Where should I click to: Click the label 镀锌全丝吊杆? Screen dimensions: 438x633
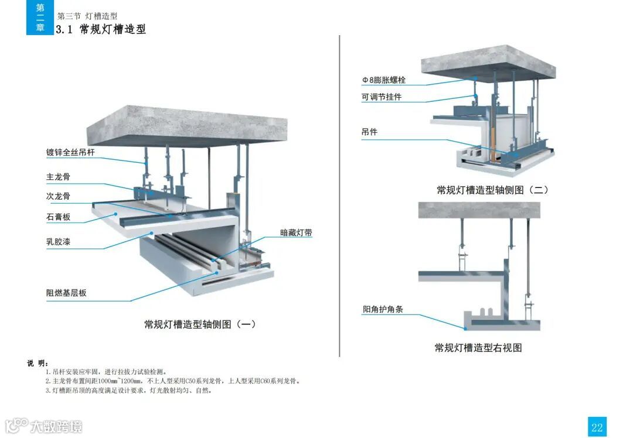(70, 153)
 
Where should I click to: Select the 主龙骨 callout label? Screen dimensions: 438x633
(58, 176)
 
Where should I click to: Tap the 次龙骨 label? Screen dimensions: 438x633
(58, 196)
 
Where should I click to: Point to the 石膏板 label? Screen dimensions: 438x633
(58, 217)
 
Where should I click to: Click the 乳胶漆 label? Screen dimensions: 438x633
(58, 241)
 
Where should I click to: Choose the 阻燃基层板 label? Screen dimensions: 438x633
(66, 293)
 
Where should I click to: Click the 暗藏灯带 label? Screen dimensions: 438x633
(296, 232)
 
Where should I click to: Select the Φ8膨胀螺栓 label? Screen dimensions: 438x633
(384, 80)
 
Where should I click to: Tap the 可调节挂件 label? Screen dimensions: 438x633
(382, 97)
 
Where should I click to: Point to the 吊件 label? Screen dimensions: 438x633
(369, 132)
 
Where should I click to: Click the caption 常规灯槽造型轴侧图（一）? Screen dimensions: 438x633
(200, 324)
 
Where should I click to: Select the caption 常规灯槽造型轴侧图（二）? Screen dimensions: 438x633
(492, 190)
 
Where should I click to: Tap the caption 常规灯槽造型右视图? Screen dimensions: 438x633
(478, 348)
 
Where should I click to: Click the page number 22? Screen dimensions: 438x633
(597, 427)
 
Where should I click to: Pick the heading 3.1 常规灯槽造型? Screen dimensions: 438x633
(101, 29)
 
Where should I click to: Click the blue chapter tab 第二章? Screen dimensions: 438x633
(40, 18)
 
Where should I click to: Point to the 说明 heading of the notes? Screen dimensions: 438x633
(38, 363)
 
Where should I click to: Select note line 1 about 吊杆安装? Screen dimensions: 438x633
(106, 372)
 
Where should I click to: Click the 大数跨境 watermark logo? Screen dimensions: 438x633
(44, 425)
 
